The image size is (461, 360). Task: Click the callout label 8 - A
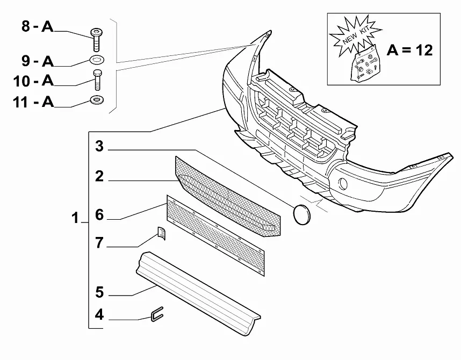pos(37,26)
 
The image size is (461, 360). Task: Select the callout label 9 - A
pos(38,61)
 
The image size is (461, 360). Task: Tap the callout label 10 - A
pos(33,81)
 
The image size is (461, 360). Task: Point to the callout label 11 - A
pos(33,102)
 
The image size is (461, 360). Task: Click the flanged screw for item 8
pos(96,40)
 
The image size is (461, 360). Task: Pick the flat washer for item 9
pos(96,60)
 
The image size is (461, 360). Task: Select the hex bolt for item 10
pos(97,80)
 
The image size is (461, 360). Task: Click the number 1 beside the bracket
pos(75,218)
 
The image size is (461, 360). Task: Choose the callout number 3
pos(99,146)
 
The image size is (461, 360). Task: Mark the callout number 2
pos(99,176)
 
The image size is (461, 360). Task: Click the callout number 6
pos(99,215)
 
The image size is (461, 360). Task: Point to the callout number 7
pos(99,243)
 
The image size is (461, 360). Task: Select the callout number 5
pos(99,292)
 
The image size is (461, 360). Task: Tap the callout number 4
pos(99,315)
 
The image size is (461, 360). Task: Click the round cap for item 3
pos(302,215)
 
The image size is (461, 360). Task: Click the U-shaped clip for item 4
pos(157,314)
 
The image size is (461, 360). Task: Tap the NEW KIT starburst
pos(356,37)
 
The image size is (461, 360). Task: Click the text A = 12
pos(409,51)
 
